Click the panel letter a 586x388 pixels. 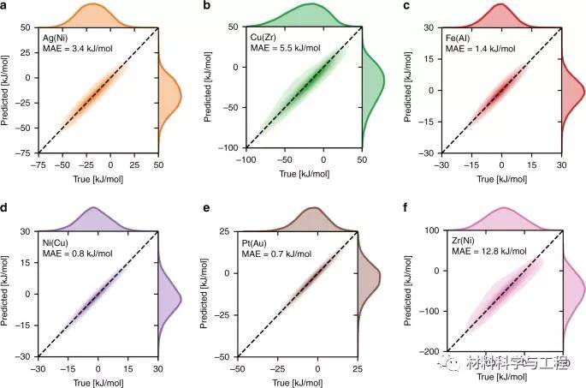click(x=7, y=7)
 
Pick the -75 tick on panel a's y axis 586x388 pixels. click(x=24, y=152)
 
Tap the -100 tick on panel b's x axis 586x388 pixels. click(x=245, y=160)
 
